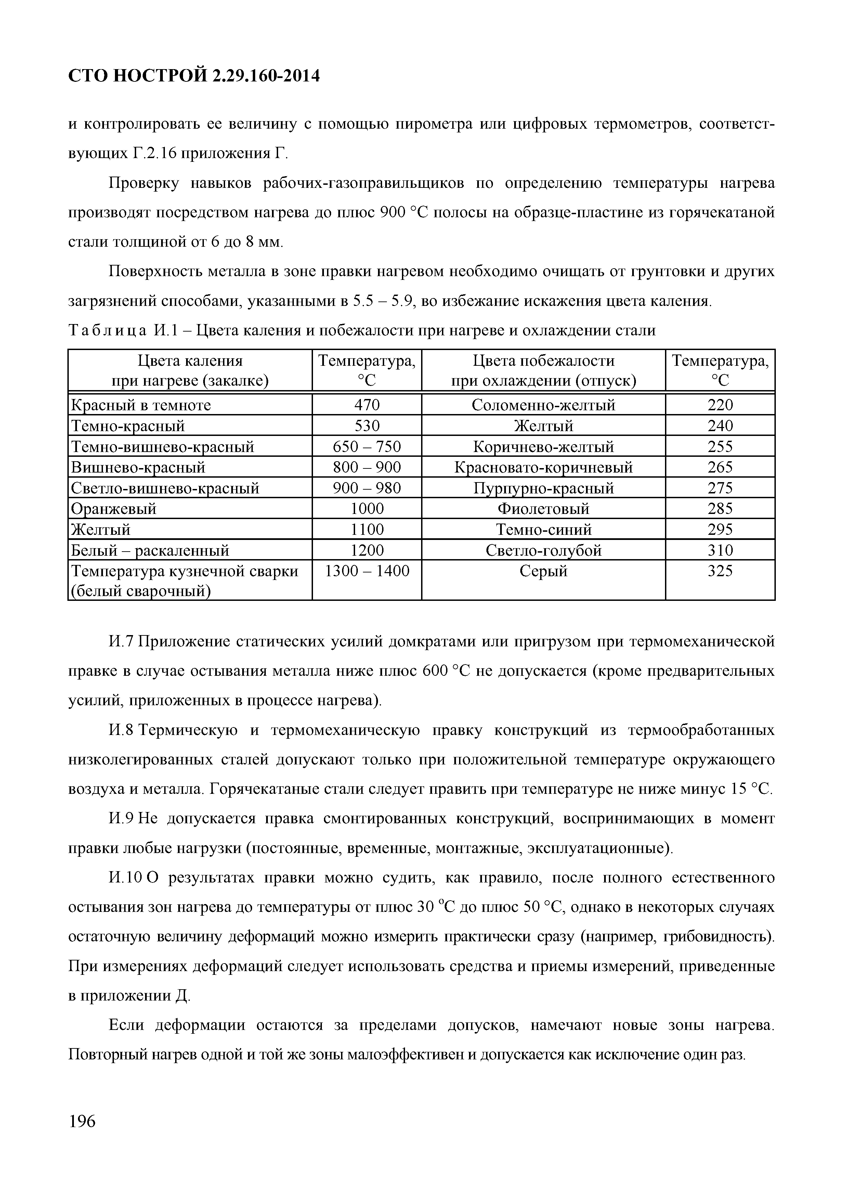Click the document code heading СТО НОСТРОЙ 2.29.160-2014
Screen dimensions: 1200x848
194,76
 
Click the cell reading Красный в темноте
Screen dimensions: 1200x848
141,405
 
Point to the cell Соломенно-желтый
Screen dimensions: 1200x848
544,405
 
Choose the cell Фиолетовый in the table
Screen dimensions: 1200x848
544,508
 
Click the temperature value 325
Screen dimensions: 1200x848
720,571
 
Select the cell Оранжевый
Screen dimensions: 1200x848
113,508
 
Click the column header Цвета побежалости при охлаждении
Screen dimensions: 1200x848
544,371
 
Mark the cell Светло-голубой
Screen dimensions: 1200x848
544,550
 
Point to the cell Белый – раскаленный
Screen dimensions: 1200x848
150,550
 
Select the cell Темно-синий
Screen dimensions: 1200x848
544,529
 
